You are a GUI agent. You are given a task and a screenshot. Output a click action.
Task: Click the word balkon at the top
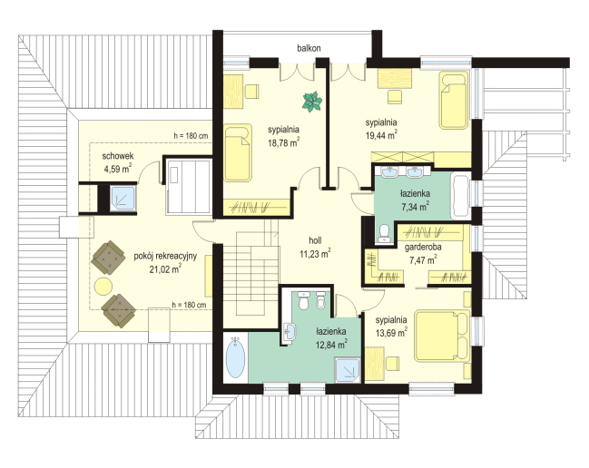coord(309,48)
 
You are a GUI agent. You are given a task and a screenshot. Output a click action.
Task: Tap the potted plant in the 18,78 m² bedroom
coord(312,102)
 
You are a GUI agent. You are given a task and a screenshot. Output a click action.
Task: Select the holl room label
coord(315,240)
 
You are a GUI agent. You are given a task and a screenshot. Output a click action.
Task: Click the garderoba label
coord(423,248)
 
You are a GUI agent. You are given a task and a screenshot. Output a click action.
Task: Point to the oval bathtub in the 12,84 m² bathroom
coord(236,357)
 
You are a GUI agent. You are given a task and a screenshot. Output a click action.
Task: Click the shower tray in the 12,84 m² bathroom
coord(348,370)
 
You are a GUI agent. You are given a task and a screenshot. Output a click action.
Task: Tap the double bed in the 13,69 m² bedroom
coord(441,336)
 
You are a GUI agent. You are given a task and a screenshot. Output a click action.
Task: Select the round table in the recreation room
coord(103,287)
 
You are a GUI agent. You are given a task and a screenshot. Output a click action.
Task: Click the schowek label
coord(118,156)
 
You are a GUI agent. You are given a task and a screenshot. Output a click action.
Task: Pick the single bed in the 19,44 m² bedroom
coord(454,101)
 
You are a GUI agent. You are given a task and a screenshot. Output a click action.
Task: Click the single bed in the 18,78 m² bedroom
coord(238,152)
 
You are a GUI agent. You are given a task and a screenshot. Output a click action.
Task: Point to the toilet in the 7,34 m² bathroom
coord(384,233)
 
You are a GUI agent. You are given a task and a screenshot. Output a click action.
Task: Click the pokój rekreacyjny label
coord(165,257)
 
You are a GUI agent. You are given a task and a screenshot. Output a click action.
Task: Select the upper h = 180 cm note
coord(191,136)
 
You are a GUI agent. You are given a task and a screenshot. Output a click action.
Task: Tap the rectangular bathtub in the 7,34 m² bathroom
coord(460,196)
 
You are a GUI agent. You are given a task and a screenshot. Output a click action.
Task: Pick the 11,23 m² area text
coord(315,254)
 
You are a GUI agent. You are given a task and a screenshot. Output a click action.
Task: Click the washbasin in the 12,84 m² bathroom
coord(290,331)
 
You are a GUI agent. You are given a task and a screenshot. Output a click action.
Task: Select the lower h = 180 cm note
coord(189,305)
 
